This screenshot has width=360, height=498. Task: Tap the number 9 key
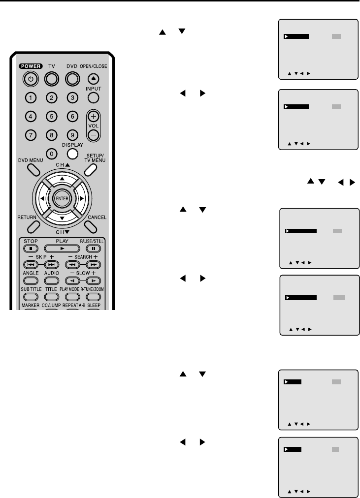(x=72, y=134)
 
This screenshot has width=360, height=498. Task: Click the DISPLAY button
(x=72, y=154)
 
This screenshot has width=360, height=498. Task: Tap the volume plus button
(x=94, y=117)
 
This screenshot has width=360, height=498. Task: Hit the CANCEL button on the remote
(x=90, y=225)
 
